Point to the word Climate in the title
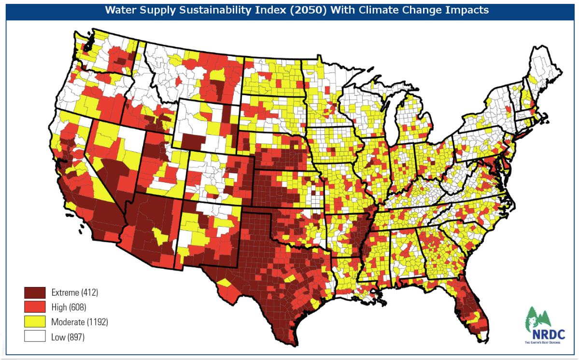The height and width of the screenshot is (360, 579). pos(385,10)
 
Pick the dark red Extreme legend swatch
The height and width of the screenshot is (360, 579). pos(35,292)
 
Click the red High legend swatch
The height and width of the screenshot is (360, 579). pos(35,307)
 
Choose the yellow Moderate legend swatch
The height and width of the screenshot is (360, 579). pos(35,322)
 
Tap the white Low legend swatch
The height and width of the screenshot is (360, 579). pos(35,336)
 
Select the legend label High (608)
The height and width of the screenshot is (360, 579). pos(69,307)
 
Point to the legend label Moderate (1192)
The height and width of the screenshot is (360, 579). pos(79,322)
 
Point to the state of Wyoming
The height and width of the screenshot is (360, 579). pos(208,126)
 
